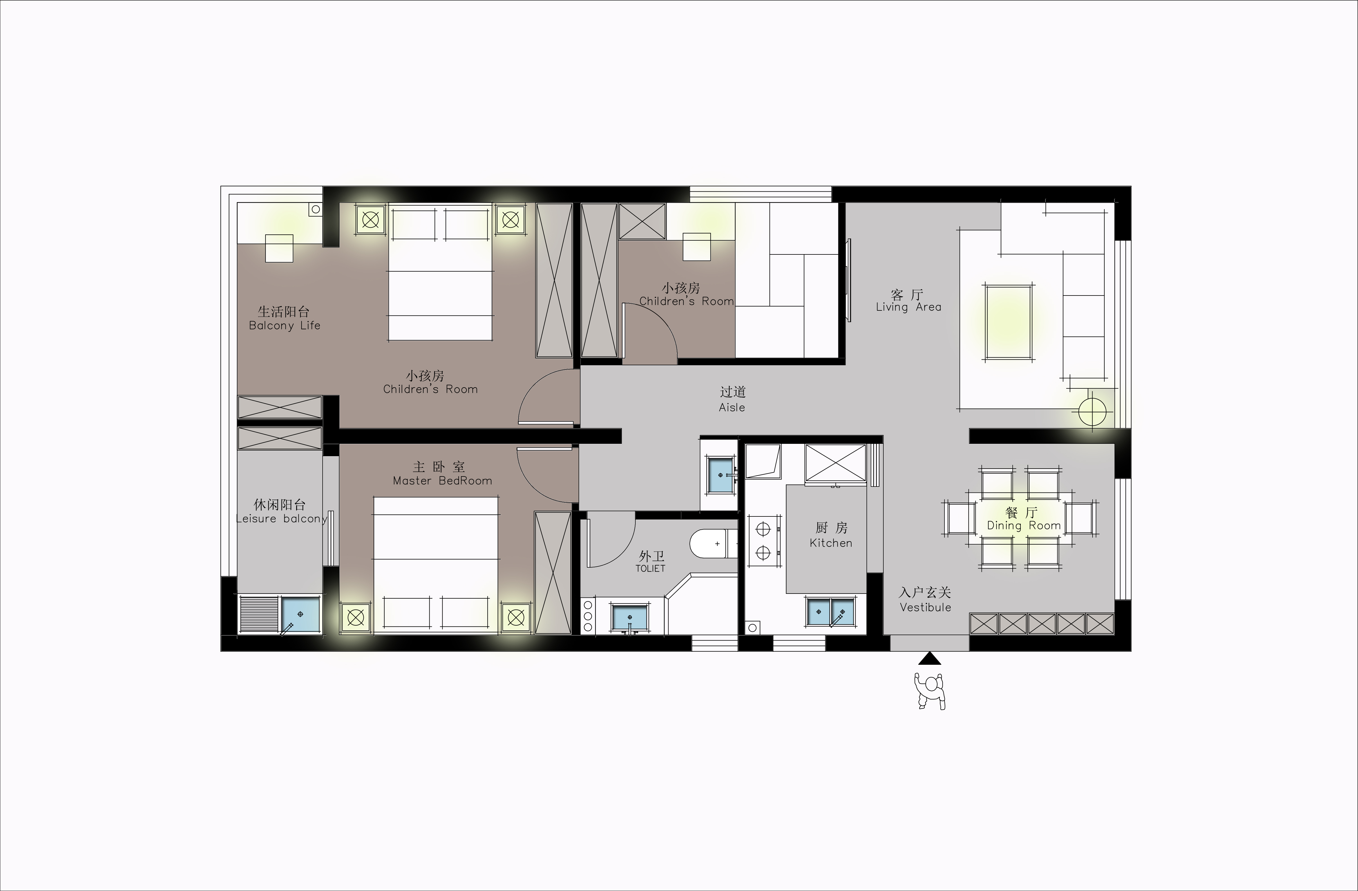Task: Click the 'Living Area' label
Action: (908, 307)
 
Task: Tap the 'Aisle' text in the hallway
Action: (732, 407)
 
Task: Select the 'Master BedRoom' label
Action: (442, 481)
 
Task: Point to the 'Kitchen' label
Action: (831, 543)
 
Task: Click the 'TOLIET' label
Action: (651, 569)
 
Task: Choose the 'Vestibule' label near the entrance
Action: (926, 608)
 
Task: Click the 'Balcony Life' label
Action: (285, 326)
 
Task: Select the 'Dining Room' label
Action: (1024, 525)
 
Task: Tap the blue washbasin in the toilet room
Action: (630, 618)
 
